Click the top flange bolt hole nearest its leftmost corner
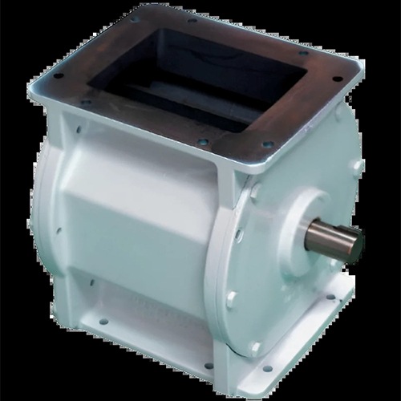(x=59, y=76)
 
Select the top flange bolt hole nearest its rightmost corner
(x=337, y=79)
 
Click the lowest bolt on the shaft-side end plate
(x=254, y=347)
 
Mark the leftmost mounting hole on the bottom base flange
(x=103, y=322)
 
